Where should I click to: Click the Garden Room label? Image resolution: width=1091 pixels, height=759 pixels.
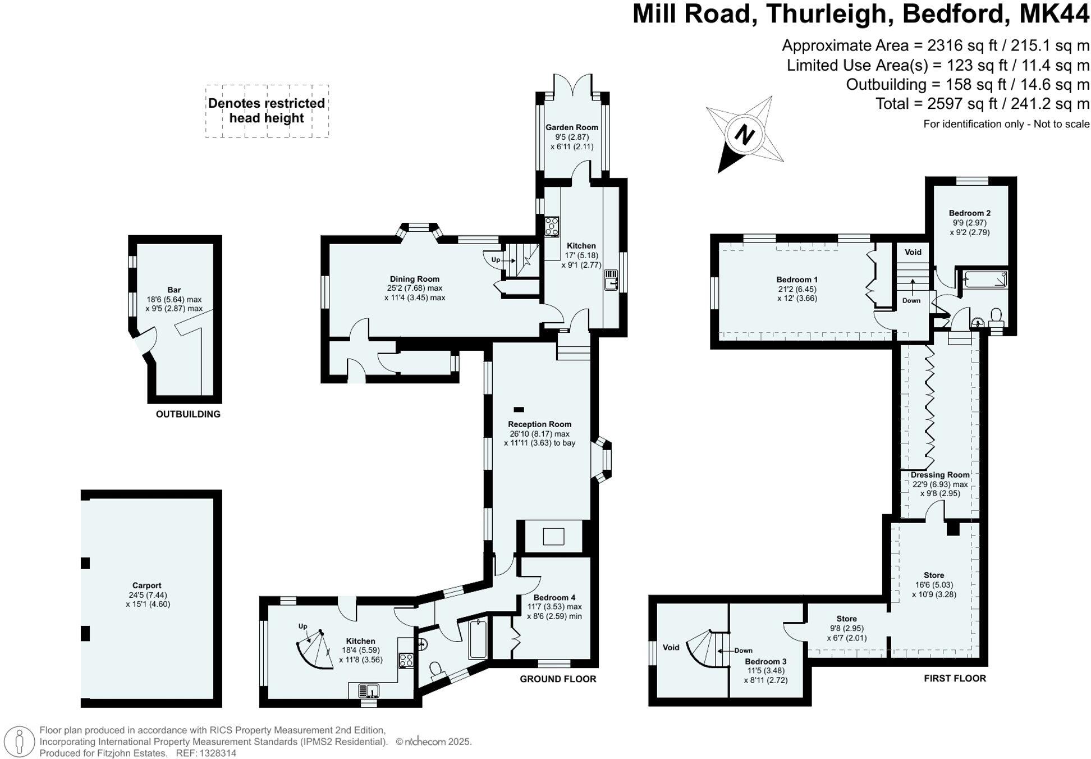click(571, 127)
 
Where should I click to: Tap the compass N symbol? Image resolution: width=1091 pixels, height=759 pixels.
click(744, 135)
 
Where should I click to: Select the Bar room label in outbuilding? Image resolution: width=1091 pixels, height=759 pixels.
click(174, 290)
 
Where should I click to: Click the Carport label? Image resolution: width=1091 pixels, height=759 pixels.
click(147, 585)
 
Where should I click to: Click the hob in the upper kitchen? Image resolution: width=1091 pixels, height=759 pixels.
click(552, 227)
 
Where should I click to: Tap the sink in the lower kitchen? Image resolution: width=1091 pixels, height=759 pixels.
click(367, 691)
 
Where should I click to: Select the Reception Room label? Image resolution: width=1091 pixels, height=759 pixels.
click(539, 424)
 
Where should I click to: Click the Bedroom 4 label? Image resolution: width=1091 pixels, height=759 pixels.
click(554, 597)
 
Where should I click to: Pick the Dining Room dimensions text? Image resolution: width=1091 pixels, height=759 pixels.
click(414, 292)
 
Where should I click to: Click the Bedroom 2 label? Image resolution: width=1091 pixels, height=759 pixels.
click(969, 213)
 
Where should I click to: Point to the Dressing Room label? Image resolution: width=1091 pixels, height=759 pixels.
click(939, 475)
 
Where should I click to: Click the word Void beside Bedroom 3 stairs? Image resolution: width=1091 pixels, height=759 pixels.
click(671, 647)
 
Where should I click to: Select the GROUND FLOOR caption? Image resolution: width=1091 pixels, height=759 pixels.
click(557, 679)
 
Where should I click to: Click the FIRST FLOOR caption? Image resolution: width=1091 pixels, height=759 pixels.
click(955, 678)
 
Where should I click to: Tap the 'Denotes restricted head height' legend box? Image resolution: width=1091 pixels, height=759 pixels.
click(267, 111)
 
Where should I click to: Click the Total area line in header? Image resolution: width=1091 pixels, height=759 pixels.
click(982, 104)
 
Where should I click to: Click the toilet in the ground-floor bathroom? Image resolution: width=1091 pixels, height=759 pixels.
click(435, 670)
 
